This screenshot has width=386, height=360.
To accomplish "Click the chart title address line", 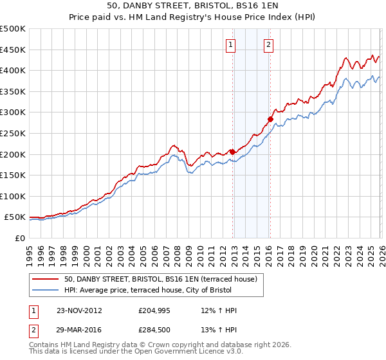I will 192,5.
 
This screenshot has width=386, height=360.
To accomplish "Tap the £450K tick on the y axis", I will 13,50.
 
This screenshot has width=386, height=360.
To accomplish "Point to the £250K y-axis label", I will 13,133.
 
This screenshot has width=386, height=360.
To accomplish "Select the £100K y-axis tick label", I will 13,196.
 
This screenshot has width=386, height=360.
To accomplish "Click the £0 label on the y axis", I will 19,238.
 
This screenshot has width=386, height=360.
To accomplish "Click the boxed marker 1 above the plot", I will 230,44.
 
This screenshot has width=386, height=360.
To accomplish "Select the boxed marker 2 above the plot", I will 268,44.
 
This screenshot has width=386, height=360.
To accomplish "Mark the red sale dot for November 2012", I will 232,152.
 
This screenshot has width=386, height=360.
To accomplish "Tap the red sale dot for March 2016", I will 270,119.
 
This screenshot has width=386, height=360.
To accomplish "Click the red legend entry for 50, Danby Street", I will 160,279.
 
